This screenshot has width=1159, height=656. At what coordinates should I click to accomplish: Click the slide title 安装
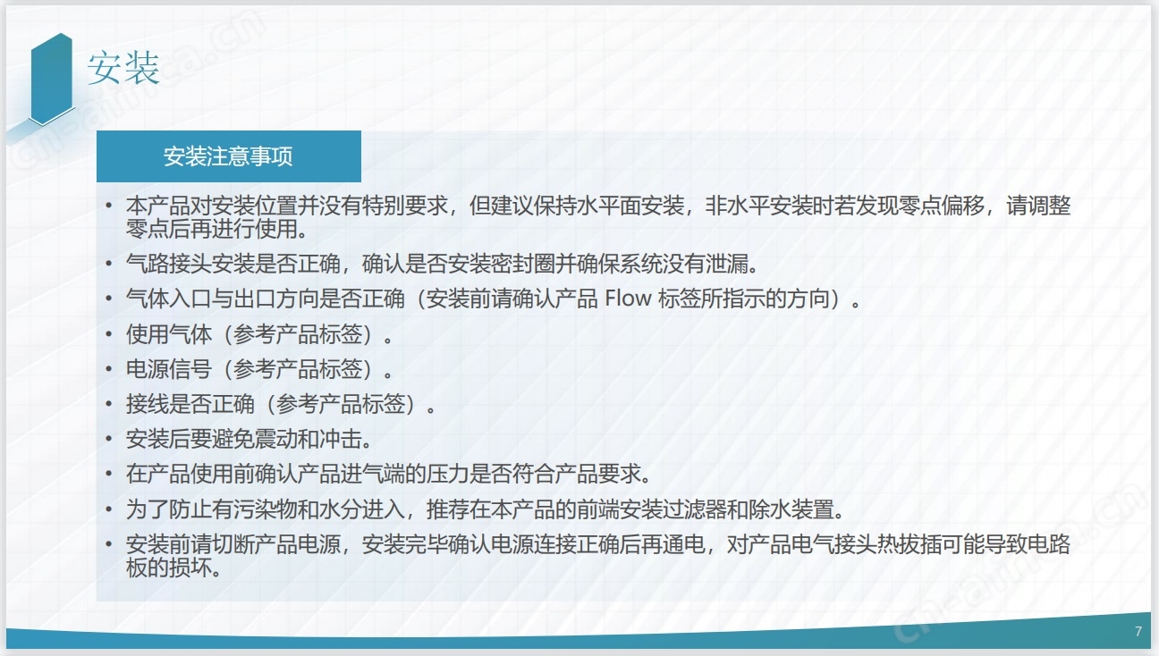pos(123,67)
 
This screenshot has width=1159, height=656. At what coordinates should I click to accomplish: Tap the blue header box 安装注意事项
pos(229,156)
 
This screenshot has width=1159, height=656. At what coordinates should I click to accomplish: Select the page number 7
pos(1138,631)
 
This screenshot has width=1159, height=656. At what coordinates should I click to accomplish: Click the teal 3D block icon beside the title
pos(51,79)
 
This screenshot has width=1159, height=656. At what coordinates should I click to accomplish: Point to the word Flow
pos(628,299)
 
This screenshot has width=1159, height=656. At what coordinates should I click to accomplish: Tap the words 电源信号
pos(169,369)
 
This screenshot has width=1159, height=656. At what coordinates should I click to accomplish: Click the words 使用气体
pos(169,334)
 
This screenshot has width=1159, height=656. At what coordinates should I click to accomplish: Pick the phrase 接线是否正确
pos(190,404)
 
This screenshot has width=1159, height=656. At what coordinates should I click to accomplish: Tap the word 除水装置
pos(791,509)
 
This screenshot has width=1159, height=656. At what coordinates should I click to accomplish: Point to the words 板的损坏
pos(169,568)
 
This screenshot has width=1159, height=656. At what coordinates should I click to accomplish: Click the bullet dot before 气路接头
pos(109,263)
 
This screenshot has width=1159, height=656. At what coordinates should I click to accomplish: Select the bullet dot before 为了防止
pos(109,509)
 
